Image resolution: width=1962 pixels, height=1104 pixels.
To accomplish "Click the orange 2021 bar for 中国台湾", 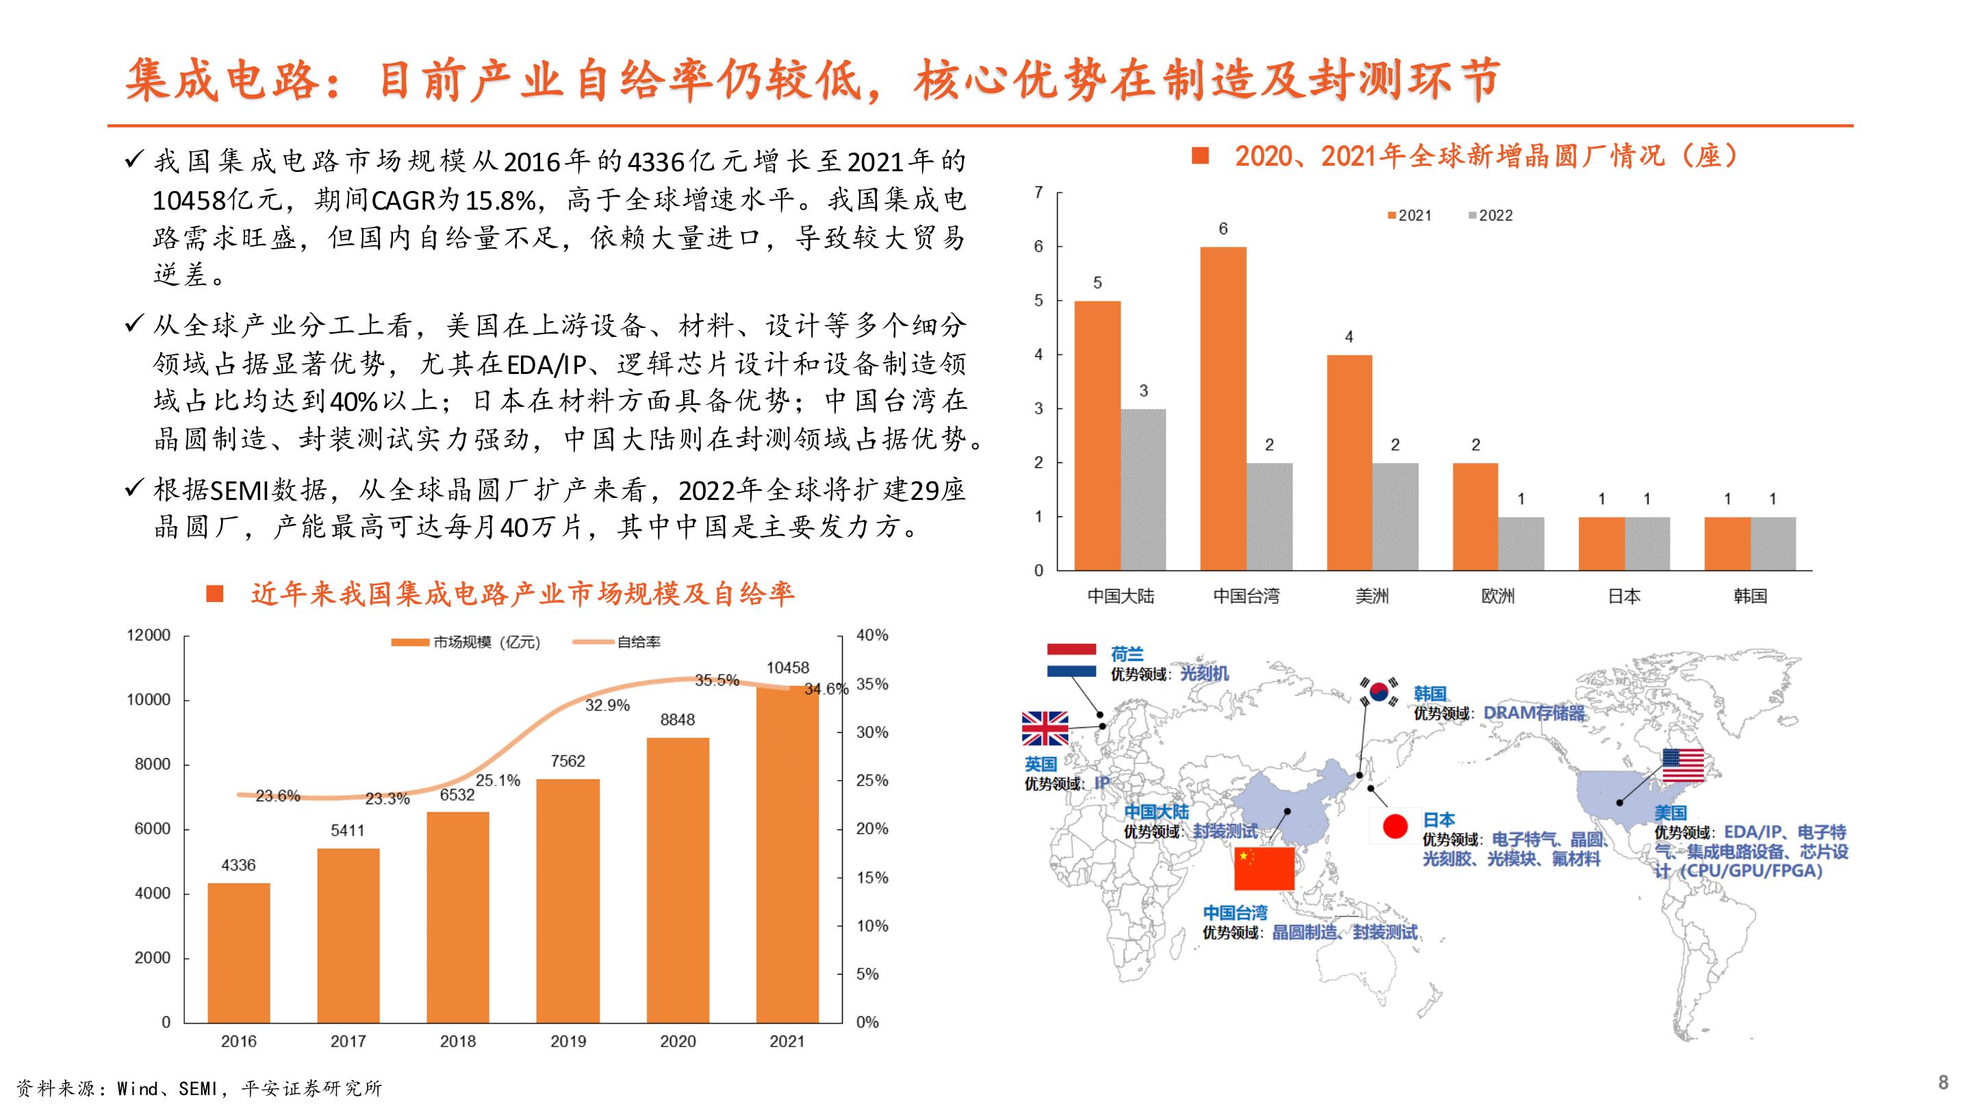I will coord(1223,408).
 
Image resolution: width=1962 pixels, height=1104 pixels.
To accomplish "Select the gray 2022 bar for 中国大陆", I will coord(1143,489).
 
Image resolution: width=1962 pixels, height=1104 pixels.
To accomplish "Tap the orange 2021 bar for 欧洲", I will coord(1475,516).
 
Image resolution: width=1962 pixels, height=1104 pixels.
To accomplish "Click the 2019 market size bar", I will coord(568,900).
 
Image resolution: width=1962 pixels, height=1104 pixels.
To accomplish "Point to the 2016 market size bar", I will coord(238,953).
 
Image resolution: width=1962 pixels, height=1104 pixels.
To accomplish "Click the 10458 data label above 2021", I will coord(787,668).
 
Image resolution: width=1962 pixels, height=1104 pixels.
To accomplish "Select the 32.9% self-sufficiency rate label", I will coord(607,705).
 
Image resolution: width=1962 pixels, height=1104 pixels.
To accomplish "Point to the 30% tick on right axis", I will coord(872,732).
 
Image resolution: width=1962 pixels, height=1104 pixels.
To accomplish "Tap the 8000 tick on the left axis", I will coord(153,764).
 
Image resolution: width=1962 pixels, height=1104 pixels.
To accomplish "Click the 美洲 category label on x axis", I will coord(1372,596).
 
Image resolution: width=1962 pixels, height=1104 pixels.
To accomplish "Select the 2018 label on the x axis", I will coord(458,1041).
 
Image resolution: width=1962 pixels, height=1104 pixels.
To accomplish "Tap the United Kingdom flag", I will coord(1045,729).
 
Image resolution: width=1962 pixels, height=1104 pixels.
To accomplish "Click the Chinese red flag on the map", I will coord(1264,868).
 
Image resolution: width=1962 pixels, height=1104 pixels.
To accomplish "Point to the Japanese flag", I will coord(1394,826).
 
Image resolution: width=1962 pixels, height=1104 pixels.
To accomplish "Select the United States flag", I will coord(1683,766).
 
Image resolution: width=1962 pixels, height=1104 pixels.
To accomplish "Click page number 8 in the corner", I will coord(1943,1082).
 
